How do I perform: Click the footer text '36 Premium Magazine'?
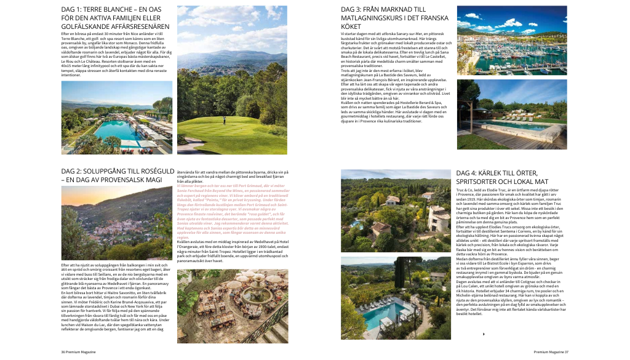point(78,352)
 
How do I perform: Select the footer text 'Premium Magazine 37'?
point(551,352)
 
